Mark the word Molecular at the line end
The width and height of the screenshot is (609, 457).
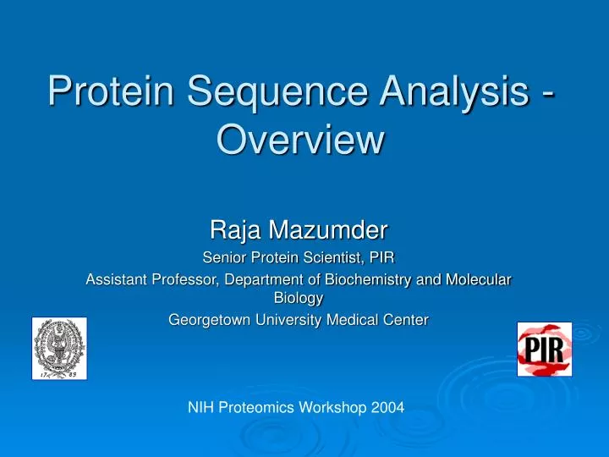[482, 280]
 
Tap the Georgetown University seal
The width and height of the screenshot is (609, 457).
[59, 348]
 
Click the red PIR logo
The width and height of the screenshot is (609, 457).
[545, 350]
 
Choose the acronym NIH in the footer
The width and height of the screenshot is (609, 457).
[200, 408]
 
